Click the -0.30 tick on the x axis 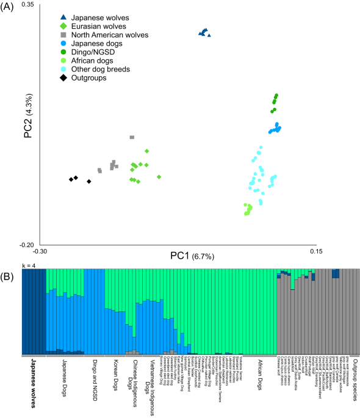pyautogui.click(x=40, y=251)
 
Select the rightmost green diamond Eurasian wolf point pyautogui.click(x=159, y=177)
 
